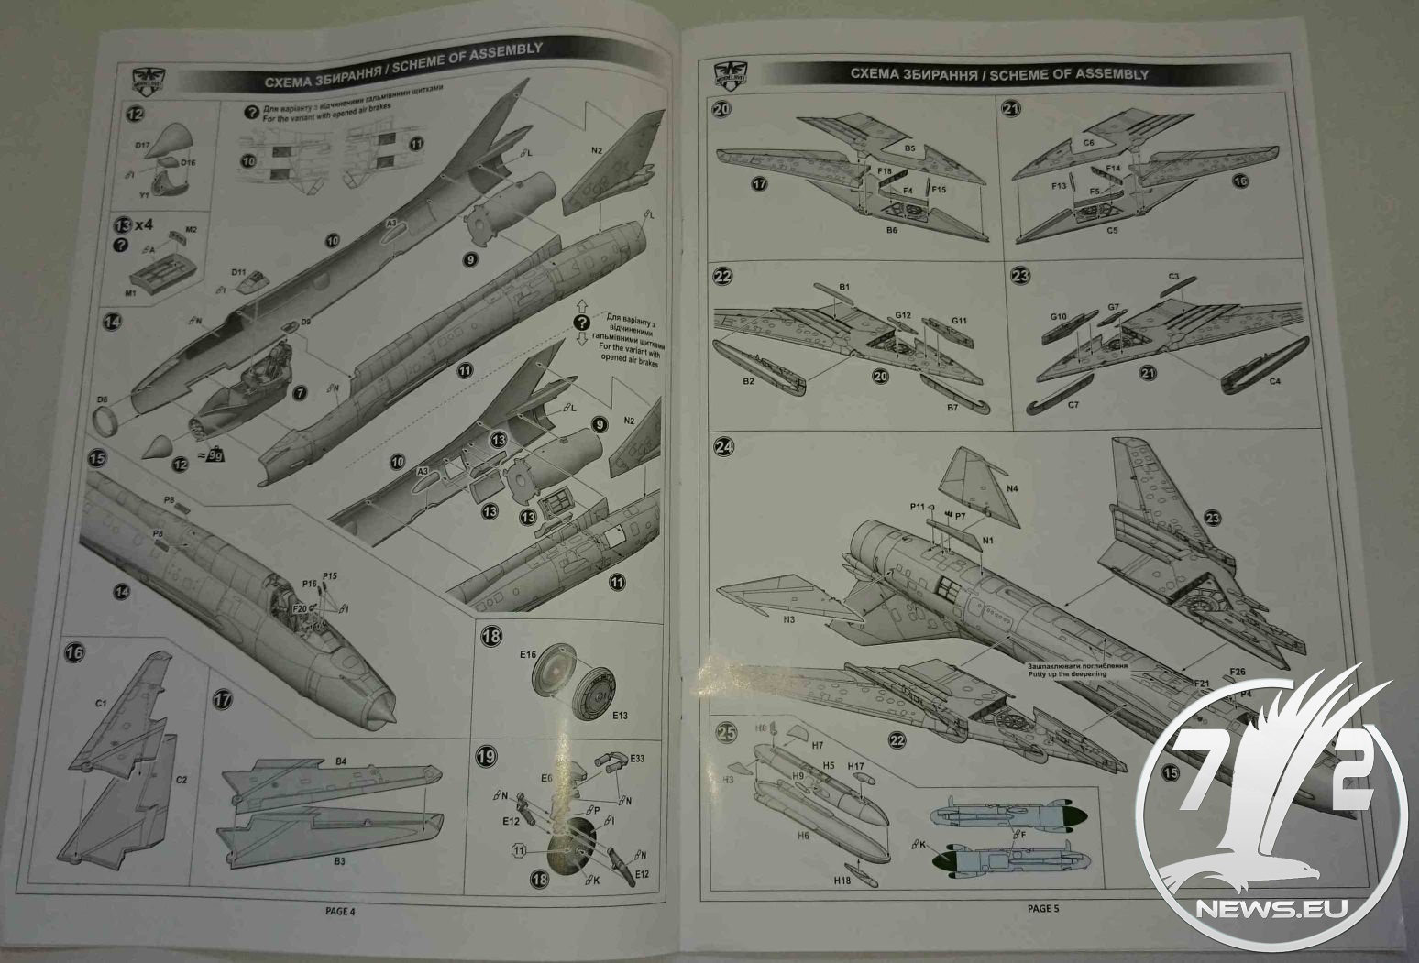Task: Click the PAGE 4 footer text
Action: pos(339,911)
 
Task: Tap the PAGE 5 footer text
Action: pos(1042,908)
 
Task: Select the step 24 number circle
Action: pos(725,448)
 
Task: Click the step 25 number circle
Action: pos(726,733)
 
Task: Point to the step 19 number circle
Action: pos(488,757)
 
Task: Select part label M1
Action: pos(128,292)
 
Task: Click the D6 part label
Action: pos(103,399)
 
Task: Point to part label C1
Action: pos(102,703)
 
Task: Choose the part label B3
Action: pos(340,860)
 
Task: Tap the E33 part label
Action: pos(637,758)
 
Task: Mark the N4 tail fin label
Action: pos(1011,489)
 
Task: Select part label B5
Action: pos(910,147)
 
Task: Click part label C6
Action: pos(1089,143)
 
